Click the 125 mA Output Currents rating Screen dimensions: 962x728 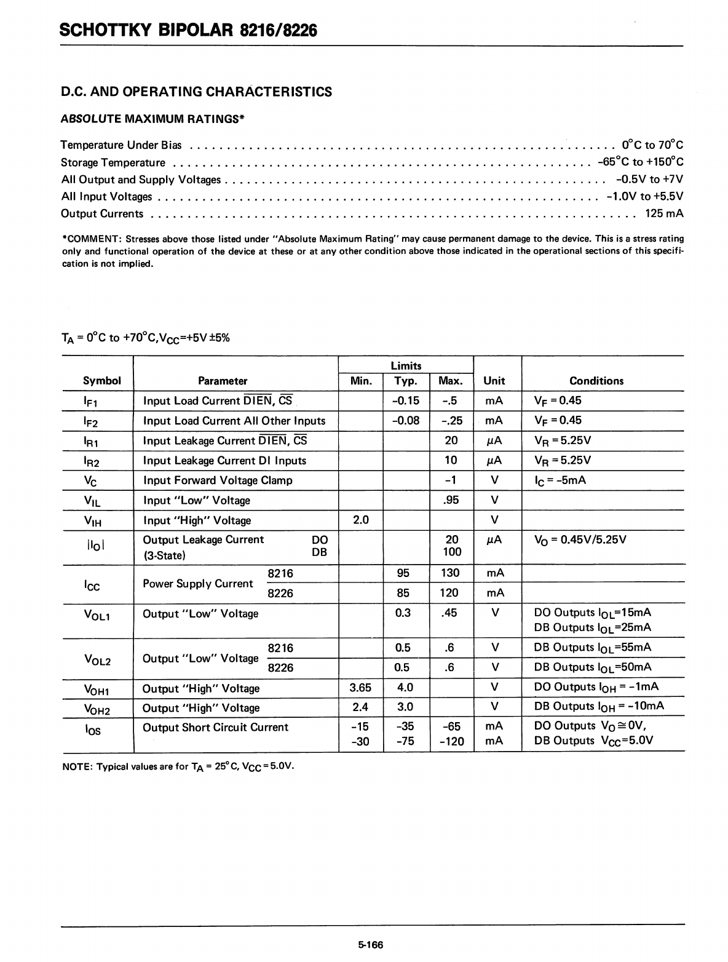pos(664,213)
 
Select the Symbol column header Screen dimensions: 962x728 pos(102,381)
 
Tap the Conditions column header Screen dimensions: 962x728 pos(596,381)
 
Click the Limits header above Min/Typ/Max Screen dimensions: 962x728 pos(406,366)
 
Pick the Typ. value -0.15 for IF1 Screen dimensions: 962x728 pos(405,400)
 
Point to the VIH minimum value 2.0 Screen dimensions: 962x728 pos(361,520)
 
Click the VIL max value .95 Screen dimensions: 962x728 pos(451,500)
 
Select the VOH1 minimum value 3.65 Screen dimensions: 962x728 pos(360,687)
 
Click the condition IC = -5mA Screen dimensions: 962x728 pos(560,480)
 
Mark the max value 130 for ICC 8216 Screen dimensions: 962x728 pos(450,573)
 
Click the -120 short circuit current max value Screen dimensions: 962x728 pos(451,741)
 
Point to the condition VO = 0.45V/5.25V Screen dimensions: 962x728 pos(580,539)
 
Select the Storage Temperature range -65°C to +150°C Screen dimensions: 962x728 pos(640,162)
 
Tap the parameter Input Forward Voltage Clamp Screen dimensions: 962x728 pos(218,480)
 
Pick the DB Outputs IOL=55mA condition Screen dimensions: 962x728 pos(593,647)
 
